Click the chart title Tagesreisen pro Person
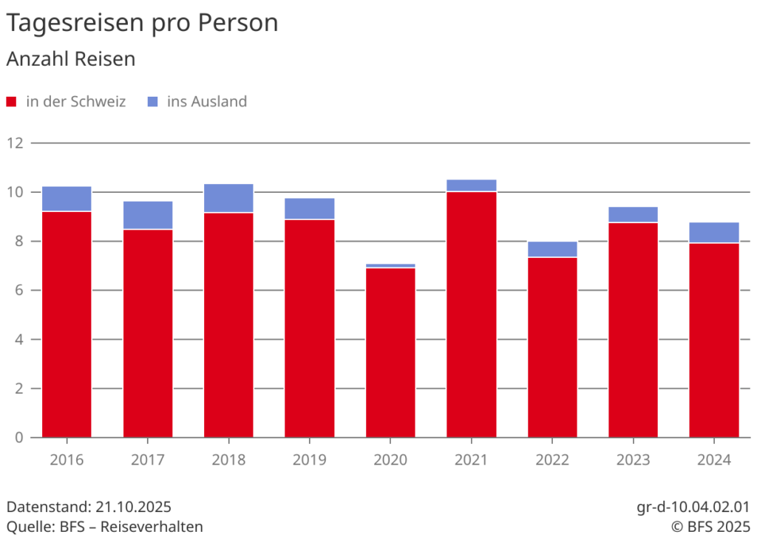pyautogui.click(x=142, y=23)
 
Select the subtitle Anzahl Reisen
pyautogui.click(x=71, y=59)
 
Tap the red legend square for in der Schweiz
pyautogui.click(x=11, y=102)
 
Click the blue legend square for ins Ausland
pyautogui.click(x=153, y=102)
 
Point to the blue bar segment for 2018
pyautogui.click(x=228, y=198)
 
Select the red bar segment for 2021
pyautogui.click(x=471, y=314)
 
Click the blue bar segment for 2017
pyautogui.click(x=148, y=215)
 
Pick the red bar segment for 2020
pyautogui.click(x=390, y=352)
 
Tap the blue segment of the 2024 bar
pyautogui.click(x=713, y=233)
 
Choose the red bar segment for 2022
pyautogui.click(x=552, y=347)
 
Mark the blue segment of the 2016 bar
pyautogui.click(x=67, y=199)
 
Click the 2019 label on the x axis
pyautogui.click(x=309, y=460)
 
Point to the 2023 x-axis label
pyautogui.click(x=633, y=460)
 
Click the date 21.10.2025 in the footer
pyautogui.click(x=133, y=508)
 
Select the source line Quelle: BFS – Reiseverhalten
pyautogui.click(x=104, y=527)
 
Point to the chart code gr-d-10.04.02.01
pyautogui.click(x=693, y=508)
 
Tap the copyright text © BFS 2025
pyautogui.click(x=710, y=527)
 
